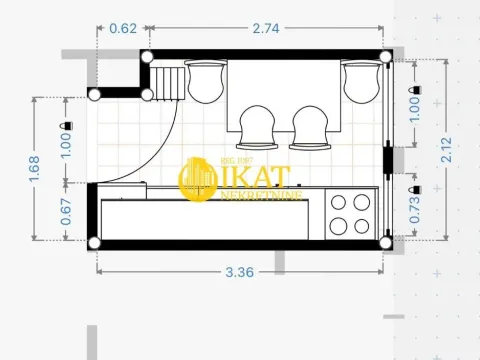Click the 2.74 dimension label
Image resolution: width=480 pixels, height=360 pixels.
tap(266, 29)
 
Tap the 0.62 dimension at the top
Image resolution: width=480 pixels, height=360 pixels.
tap(123, 29)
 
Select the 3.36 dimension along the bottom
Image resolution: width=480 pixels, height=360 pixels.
tap(238, 270)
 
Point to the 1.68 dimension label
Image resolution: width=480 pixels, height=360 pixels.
tap(35, 168)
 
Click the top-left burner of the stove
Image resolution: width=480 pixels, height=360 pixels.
tap(338, 203)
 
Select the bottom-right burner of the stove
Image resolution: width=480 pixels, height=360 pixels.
tap(361, 226)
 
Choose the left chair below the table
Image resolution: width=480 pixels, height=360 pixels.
tap(259, 124)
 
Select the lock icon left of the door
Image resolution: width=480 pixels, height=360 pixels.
tap(66, 124)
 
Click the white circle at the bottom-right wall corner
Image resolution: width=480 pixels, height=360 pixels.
tap(384, 241)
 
